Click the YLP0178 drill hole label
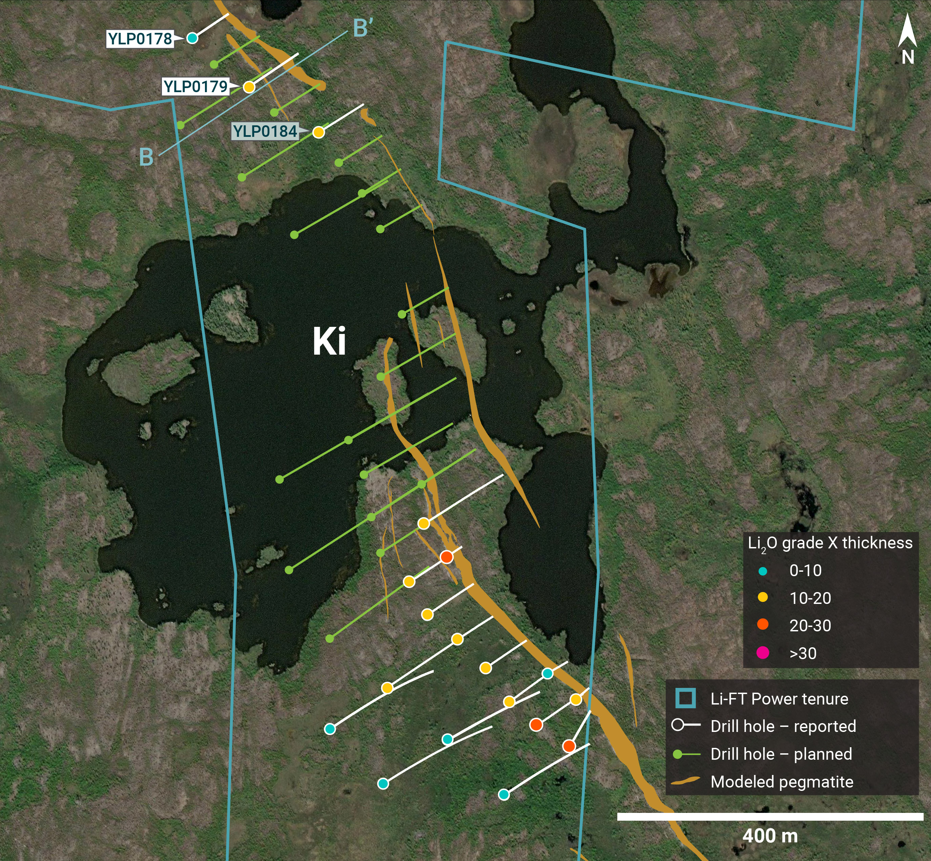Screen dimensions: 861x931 (140, 39)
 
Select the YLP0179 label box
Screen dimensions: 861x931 (195, 87)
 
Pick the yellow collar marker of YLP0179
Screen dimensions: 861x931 (249, 87)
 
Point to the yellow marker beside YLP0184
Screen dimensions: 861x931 (318, 132)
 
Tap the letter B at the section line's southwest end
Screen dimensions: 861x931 (146, 157)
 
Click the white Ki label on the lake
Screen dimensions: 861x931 (329, 341)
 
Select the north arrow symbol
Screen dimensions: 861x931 (907, 33)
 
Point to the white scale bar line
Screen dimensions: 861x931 (770, 817)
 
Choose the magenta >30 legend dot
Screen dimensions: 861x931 (763, 653)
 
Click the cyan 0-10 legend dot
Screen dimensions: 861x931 (763, 571)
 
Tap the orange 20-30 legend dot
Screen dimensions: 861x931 (763, 625)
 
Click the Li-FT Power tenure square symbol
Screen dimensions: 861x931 (685, 698)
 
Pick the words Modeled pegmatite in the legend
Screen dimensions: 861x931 (782, 781)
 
